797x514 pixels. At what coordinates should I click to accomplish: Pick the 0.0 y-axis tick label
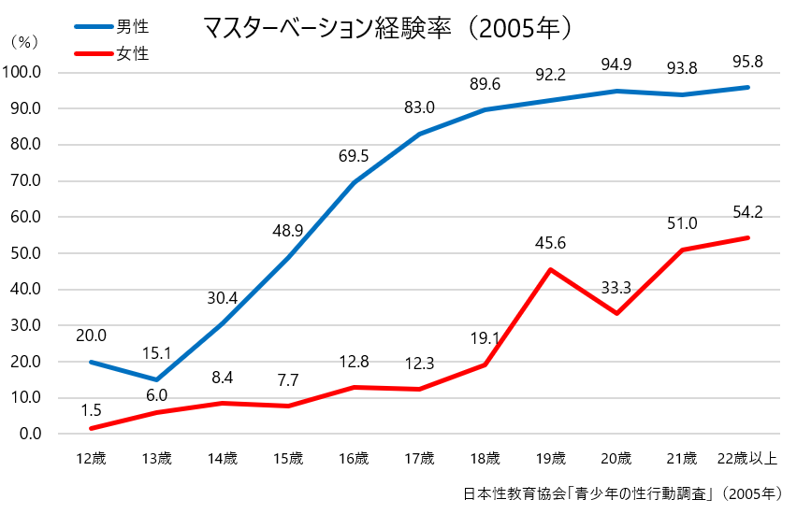point(29,434)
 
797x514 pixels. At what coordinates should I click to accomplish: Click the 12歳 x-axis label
point(91,458)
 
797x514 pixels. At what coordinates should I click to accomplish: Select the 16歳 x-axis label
point(354,458)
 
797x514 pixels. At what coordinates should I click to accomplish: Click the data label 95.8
point(747,63)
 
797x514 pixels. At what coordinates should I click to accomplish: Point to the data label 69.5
point(354,156)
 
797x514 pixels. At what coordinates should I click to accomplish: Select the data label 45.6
point(550,243)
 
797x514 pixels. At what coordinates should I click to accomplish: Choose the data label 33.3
point(616,287)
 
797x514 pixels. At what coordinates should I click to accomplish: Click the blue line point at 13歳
point(156,379)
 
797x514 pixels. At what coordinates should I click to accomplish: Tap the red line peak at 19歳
point(550,269)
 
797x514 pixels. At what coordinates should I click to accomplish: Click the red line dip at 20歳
point(616,313)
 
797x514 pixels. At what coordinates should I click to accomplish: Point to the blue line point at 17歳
point(419,134)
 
